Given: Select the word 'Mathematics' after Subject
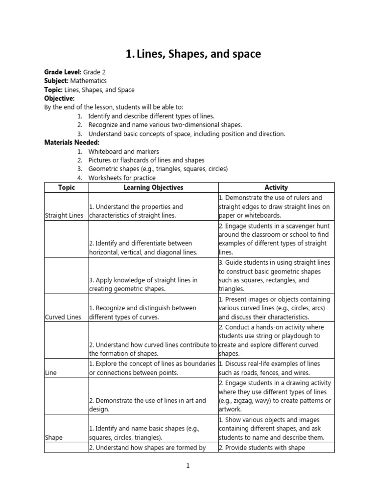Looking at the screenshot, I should tap(88, 81).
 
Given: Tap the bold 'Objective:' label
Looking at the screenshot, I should tap(59, 98).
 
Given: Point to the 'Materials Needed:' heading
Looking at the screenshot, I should tap(71, 142).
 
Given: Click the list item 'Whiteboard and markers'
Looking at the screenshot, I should tap(123, 152).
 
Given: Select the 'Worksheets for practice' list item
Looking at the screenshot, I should tap(122, 178).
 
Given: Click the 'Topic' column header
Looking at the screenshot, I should tap(66, 187).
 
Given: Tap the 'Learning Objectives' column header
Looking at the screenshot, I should tap(153, 187).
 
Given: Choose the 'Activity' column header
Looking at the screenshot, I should tap(276, 187).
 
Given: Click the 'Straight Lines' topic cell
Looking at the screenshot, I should tap(64, 215).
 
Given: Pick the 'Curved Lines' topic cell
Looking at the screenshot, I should tap(63, 317).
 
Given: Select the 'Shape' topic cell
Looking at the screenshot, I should tap(53, 437).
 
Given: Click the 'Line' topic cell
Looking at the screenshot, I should tap(51, 373).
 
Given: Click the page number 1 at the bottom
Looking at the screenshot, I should tap(188, 466).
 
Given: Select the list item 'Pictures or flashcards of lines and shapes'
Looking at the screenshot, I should tap(146, 160).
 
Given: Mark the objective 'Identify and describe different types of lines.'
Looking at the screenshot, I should tap(151, 116).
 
